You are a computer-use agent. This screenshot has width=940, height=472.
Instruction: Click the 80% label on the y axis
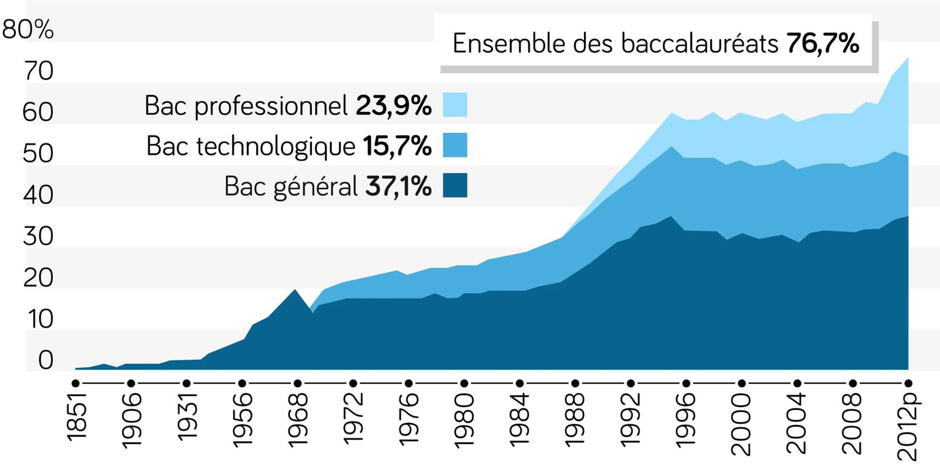pos(28,30)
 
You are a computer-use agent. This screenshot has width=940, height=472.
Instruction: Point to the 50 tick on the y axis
pos(38,153)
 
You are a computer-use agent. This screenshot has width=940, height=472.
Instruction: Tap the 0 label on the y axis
pos(46,360)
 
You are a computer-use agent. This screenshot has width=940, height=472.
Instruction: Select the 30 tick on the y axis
pos(38,236)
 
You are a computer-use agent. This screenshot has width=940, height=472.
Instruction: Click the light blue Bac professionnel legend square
pos(455,105)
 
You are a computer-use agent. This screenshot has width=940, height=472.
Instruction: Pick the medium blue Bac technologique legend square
pos(455,145)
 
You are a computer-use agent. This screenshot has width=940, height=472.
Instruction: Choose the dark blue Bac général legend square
pos(455,185)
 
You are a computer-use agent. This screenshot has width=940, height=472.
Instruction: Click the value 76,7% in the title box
pos(823,43)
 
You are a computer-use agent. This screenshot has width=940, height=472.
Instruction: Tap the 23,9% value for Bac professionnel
pos(394,105)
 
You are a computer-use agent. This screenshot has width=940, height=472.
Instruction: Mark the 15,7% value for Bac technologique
pos(397,146)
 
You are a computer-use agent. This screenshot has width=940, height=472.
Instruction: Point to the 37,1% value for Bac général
pos(399,186)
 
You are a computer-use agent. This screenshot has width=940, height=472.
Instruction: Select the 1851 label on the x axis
pos(76,417)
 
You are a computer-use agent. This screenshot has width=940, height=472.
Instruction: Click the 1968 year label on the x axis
pos(298,420)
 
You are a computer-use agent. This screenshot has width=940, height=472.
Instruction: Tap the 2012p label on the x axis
pos(909,427)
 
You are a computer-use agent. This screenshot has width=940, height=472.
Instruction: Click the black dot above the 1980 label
pos(464,383)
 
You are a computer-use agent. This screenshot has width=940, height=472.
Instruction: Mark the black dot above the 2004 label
pos(797,383)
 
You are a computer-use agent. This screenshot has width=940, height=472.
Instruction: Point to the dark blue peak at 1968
pos(294,290)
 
